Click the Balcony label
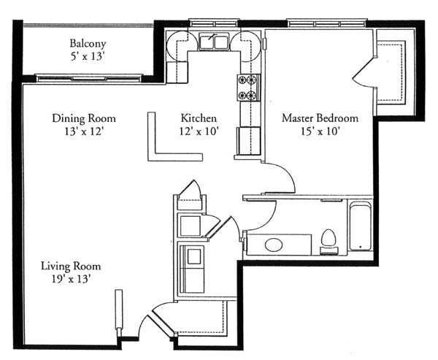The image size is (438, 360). click(x=88, y=44)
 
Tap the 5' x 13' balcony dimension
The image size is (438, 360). click(x=88, y=57)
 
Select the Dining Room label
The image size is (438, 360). click(x=84, y=118)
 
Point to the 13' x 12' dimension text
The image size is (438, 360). click(x=84, y=131)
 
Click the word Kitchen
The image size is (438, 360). click(x=199, y=118)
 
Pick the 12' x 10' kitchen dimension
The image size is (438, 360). click(x=199, y=131)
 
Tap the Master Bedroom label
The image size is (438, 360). click(x=320, y=118)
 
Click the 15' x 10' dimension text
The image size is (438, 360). click(x=320, y=131)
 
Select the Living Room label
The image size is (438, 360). click(x=71, y=266)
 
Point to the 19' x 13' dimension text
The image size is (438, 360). click(x=72, y=279)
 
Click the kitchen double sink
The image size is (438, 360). click(x=214, y=42)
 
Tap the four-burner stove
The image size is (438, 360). click(x=249, y=88)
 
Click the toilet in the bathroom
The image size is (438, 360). click(x=328, y=242)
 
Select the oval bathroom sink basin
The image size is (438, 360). click(x=274, y=245)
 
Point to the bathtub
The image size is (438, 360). click(x=360, y=226)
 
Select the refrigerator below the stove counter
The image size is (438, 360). click(x=249, y=140)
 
